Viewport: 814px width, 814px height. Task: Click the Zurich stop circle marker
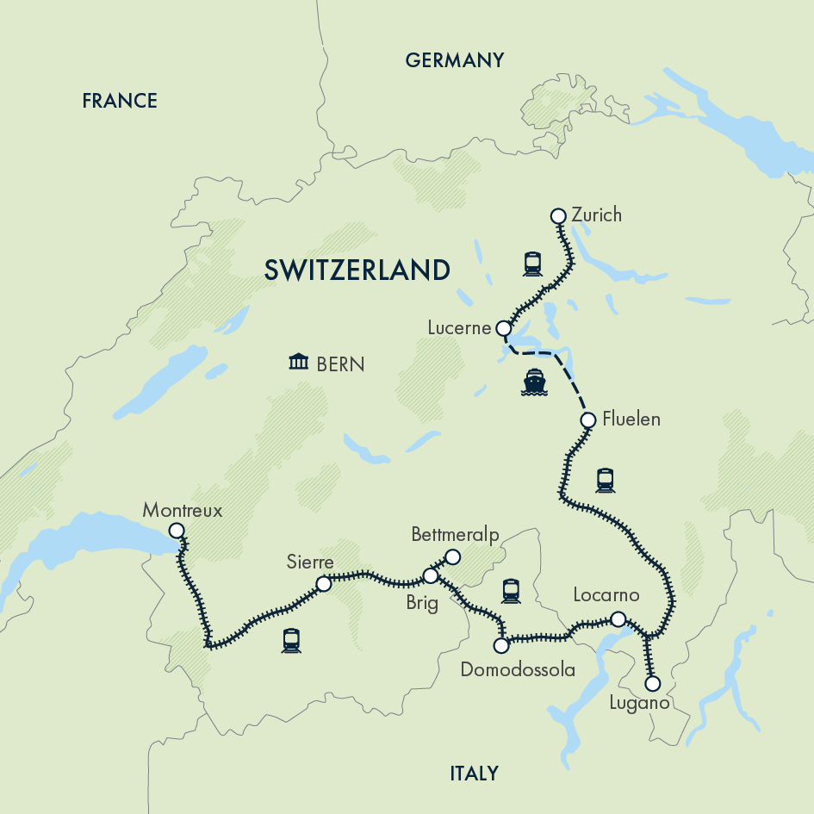click(x=557, y=216)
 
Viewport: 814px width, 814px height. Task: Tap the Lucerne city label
click(x=458, y=328)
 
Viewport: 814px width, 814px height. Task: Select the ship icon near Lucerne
click(x=534, y=382)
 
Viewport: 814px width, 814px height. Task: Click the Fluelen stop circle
click(x=588, y=420)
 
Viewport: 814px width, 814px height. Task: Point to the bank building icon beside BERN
click(x=299, y=362)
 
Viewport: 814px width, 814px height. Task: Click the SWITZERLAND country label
click(x=357, y=270)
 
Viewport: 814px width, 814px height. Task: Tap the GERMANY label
click(x=454, y=60)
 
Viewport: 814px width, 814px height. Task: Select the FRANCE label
click(x=120, y=101)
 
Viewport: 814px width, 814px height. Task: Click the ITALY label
click(x=474, y=773)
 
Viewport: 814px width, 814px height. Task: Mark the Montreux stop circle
click(x=177, y=531)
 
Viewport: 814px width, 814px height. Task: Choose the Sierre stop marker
click(x=324, y=584)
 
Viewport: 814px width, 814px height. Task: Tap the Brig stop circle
click(x=431, y=575)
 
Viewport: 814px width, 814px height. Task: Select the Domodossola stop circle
click(x=501, y=644)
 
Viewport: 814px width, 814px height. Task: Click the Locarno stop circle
click(x=618, y=618)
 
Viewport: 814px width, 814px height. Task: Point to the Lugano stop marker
click(x=653, y=684)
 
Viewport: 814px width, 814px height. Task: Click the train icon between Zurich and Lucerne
click(x=531, y=264)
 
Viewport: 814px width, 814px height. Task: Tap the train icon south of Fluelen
click(x=605, y=480)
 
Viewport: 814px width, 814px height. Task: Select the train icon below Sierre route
click(x=291, y=640)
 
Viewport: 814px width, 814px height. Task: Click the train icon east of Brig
click(x=511, y=590)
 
